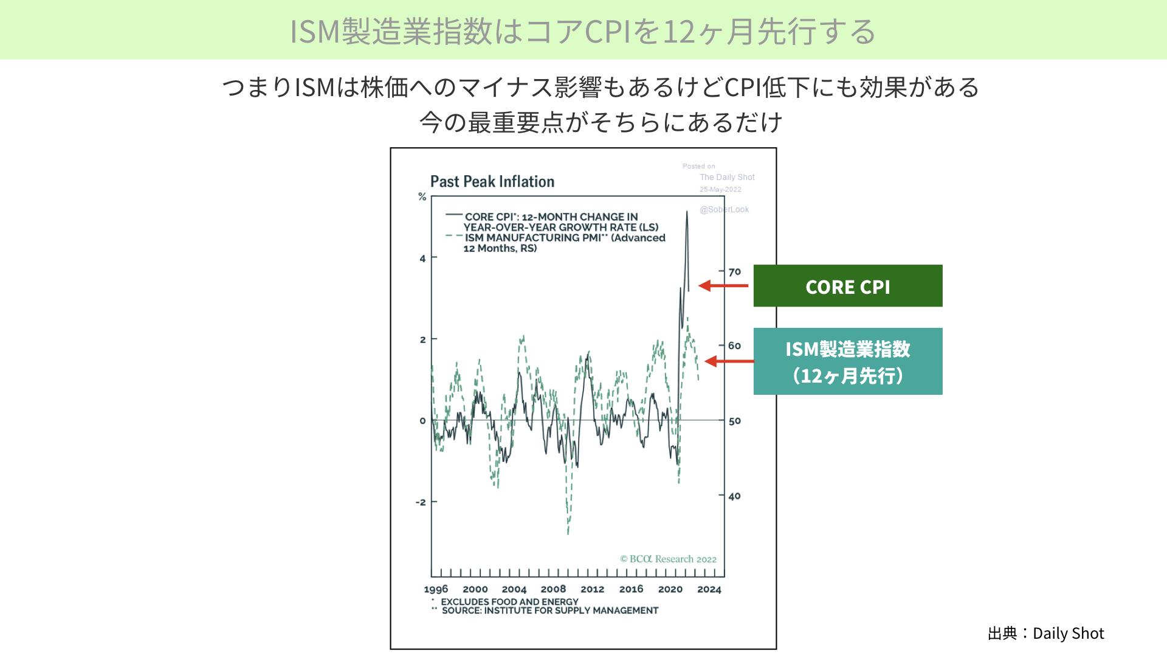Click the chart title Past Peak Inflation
click(492, 182)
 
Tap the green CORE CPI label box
click(848, 286)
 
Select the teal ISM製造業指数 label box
click(848, 361)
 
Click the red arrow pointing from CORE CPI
click(723, 285)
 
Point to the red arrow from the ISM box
click(729, 361)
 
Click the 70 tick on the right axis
click(735, 272)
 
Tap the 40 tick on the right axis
click(735, 496)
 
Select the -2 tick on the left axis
click(421, 502)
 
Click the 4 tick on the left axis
click(422, 259)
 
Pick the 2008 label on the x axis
click(553, 589)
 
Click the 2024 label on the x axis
click(709, 589)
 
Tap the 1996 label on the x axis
click(436, 589)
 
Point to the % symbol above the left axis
click(422, 196)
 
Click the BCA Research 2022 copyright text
click(668, 559)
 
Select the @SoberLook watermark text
click(724, 209)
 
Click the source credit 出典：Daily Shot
click(1046, 633)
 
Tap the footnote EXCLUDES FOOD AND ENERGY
click(509, 602)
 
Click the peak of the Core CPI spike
click(687, 211)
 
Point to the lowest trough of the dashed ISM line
click(568, 534)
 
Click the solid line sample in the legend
click(454, 215)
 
